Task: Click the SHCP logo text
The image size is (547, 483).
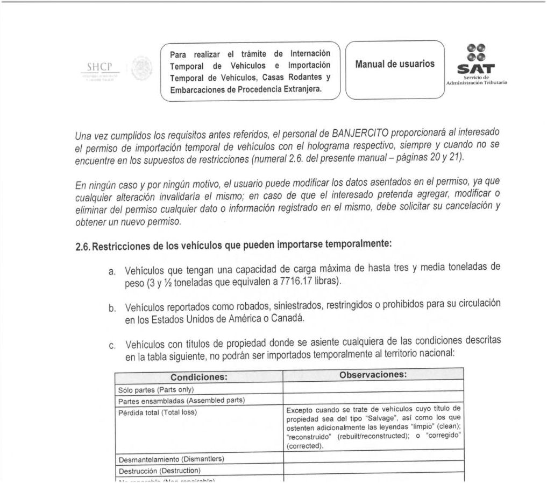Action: [x=99, y=68]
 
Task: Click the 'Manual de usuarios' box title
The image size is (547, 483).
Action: [x=395, y=64]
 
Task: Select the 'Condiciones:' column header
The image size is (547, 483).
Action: [x=199, y=377]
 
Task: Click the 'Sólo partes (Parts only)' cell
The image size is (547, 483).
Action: [x=155, y=389]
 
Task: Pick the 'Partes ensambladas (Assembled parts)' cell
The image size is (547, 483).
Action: [x=181, y=401]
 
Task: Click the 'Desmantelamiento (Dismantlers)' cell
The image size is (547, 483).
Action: [x=171, y=459]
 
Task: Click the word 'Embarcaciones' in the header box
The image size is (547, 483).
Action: [x=197, y=89]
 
